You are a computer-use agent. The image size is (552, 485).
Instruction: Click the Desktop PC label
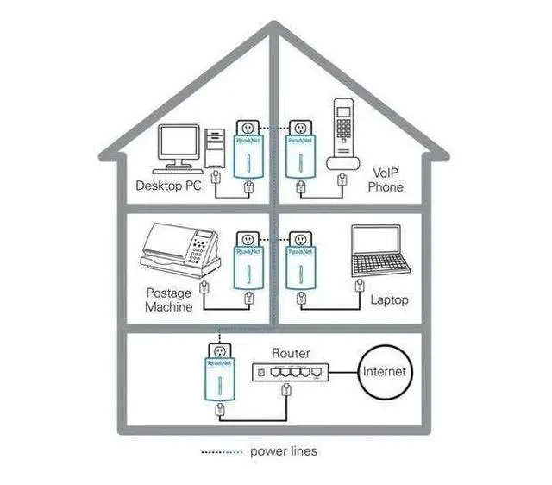point(168,186)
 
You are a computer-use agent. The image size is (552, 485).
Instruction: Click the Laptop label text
point(389,299)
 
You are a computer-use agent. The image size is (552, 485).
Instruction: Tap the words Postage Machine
point(169,300)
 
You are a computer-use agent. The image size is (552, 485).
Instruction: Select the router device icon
point(287,372)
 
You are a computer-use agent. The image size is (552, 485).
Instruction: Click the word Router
point(290,353)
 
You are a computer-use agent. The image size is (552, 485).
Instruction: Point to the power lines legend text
point(284,450)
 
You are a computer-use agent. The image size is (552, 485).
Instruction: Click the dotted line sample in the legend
point(222,451)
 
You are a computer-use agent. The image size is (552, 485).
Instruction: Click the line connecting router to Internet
point(342,372)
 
